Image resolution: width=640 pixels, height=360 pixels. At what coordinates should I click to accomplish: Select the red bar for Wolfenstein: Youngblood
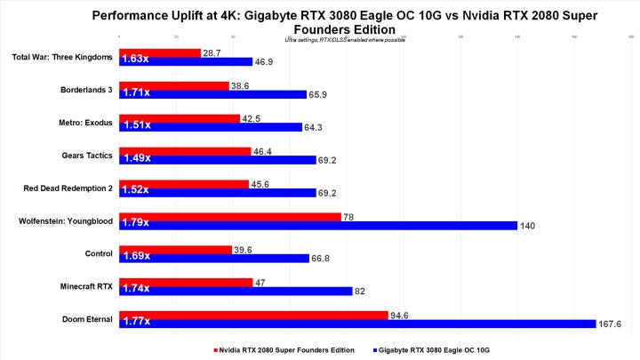pos(230,216)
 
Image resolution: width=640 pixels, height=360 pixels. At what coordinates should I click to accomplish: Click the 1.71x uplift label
pos(137,94)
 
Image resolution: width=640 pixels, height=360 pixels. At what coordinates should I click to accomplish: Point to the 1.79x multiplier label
pos(137,225)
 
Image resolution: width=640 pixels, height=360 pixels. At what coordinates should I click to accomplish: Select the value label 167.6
pos(613,324)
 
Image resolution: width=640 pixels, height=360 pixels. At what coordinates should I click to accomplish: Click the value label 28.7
pos(212,53)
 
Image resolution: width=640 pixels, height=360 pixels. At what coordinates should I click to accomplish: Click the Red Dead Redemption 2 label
pos(68,188)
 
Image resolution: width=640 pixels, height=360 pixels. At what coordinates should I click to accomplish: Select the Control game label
pos(99,253)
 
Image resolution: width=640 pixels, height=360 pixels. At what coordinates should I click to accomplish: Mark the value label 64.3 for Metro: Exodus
pos(315,127)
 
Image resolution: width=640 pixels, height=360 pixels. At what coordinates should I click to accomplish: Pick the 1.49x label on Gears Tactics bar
pos(137,160)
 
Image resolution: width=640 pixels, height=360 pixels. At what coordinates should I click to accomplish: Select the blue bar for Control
pos(213,258)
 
